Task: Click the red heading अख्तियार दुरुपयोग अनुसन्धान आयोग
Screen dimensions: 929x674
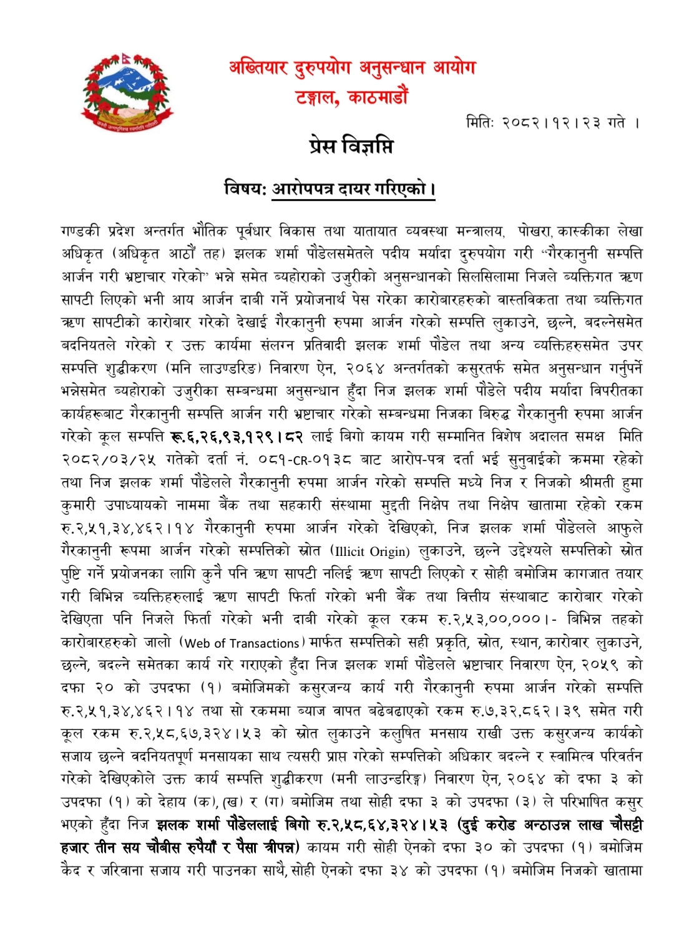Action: click(352, 68)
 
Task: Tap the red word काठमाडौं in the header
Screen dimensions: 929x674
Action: click(378, 97)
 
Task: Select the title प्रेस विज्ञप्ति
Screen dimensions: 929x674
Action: click(351, 147)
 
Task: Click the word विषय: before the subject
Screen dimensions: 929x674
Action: click(245, 188)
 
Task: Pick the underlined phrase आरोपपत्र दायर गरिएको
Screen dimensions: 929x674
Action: click(353, 188)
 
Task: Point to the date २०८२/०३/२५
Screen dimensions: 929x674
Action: click(109, 460)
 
